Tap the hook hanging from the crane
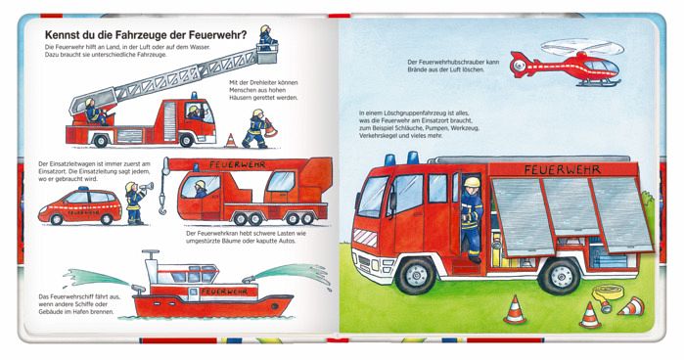(x=162, y=206)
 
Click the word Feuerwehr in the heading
(x=218, y=35)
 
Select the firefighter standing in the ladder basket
(x=267, y=35)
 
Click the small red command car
(x=80, y=206)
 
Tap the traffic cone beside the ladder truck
(x=231, y=141)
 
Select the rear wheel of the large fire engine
(x=559, y=276)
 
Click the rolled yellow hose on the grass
(x=608, y=293)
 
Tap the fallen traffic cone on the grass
(x=632, y=306)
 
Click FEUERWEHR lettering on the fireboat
(x=224, y=292)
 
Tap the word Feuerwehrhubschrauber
(x=448, y=62)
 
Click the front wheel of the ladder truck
(x=187, y=140)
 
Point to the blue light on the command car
(x=83, y=189)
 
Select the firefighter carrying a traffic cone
(x=257, y=129)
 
